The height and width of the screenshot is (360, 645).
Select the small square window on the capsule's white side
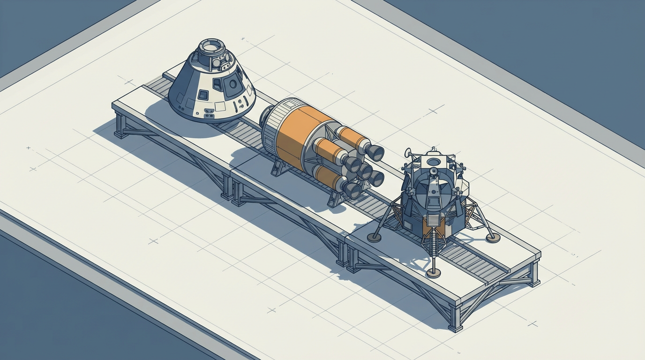tap(203, 95)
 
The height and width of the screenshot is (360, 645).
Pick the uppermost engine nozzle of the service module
tap(375, 152)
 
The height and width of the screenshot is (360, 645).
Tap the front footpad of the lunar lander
tap(434, 273)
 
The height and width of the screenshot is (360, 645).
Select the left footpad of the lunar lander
tap(374, 237)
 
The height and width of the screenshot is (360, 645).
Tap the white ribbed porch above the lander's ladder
tap(433, 221)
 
